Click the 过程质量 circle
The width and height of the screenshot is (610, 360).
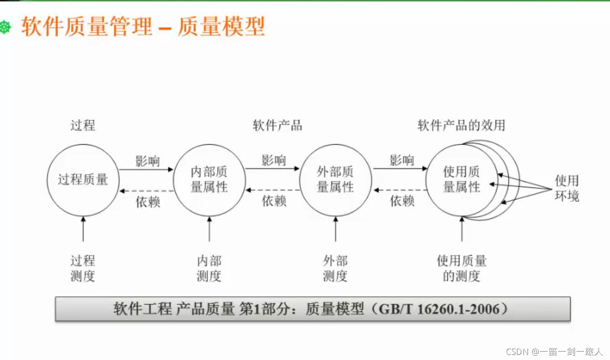pyautogui.click(x=83, y=180)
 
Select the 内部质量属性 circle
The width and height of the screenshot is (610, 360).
pyautogui.click(x=209, y=180)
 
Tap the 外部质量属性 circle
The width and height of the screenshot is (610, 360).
pyautogui.click(x=335, y=180)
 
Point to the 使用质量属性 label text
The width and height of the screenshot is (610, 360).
pyautogui.click(x=461, y=180)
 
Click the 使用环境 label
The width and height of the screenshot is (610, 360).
pyautogui.click(x=567, y=188)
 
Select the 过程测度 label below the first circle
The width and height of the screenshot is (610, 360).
pyautogui.click(x=83, y=269)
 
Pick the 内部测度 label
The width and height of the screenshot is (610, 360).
pyautogui.click(x=209, y=269)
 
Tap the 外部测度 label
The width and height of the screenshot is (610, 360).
pyautogui.click(x=335, y=269)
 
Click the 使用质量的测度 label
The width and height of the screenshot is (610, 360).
pyautogui.click(x=461, y=269)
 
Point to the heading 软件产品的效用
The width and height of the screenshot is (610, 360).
pyautogui.click(x=461, y=125)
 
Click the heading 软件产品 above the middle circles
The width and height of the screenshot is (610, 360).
pyautogui.click(x=278, y=125)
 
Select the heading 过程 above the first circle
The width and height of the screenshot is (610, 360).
pyautogui.click(x=83, y=125)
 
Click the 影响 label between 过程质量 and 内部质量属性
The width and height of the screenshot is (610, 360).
pyautogui.click(x=147, y=161)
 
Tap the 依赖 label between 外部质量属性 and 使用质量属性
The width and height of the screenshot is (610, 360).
pyautogui.click(x=402, y=201)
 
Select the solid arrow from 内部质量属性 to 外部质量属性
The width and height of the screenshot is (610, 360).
pyautogui.click(x=272, y=169)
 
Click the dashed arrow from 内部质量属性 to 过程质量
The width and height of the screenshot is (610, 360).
pyautogui.click(x=146, y=191)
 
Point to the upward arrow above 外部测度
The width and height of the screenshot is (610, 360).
pyautogui.click(x=335, y=230)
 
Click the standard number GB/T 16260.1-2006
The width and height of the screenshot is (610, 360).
pyautogui.click(x=442, y=309)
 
